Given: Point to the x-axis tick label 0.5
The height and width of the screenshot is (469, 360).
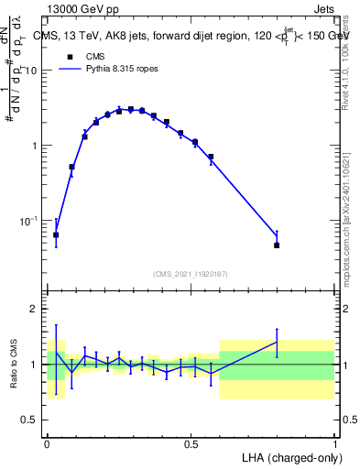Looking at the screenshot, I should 190,443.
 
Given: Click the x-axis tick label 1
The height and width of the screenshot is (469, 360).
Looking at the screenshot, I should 334,443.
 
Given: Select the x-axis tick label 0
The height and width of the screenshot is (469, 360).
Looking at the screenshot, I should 47,443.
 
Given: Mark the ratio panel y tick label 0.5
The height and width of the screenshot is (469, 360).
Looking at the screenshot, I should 30,420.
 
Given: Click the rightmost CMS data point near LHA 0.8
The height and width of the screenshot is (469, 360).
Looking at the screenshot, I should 277,245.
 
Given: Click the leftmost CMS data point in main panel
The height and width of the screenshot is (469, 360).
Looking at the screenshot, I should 56,235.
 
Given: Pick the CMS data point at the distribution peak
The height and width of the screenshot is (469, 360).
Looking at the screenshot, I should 131,110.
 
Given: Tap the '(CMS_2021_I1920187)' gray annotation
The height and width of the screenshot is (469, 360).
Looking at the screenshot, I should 190,273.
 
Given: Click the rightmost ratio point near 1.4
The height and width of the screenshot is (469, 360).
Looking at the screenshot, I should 277,342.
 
